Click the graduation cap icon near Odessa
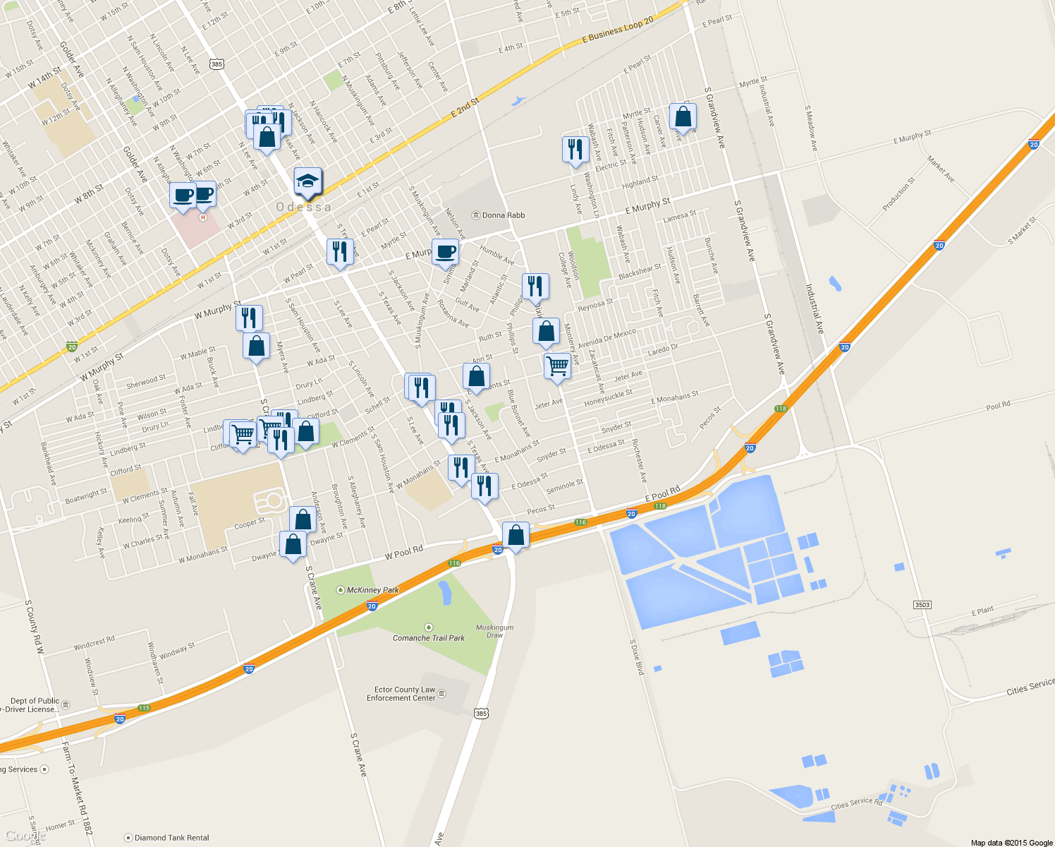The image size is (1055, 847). tap(307, 182)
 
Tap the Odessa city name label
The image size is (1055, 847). tap(303, 207)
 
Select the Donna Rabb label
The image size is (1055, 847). tap(503, 215)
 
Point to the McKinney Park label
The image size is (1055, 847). tap(372, 590)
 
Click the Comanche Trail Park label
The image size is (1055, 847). tap(429, 637)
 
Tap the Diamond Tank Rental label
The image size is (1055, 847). tap(171, 838)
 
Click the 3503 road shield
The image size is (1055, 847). tap(922, 605)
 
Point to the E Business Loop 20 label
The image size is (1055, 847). tap(618, 30)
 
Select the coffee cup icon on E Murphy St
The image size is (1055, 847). tap(445, 252)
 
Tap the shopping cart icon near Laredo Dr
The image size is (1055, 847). tap(557, 366)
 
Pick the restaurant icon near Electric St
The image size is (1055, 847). tap(575, 150)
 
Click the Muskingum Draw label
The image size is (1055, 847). tap(494, 631)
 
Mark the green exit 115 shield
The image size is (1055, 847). tap(145, 708)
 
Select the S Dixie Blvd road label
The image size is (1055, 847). tap(637, 657)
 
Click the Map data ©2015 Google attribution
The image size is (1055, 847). tap(1011, 843)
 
